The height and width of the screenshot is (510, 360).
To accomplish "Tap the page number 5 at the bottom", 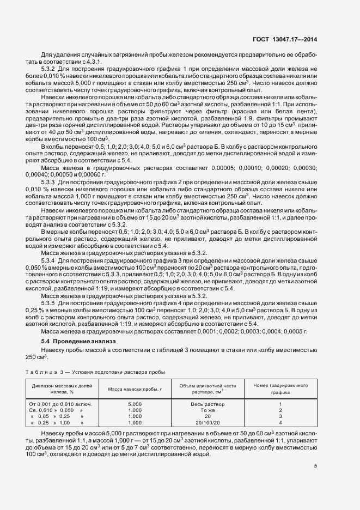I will [x=316, y=465].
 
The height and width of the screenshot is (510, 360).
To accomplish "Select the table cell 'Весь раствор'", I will [x=207, y=404].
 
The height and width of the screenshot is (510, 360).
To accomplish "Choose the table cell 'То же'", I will [x=207, y=410].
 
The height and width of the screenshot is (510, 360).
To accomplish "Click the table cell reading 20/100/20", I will [x=207, y=422].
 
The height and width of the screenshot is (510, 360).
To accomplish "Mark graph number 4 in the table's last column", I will [x=280, y=422].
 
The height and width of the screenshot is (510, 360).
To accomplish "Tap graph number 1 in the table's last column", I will [x=280, y=404].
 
